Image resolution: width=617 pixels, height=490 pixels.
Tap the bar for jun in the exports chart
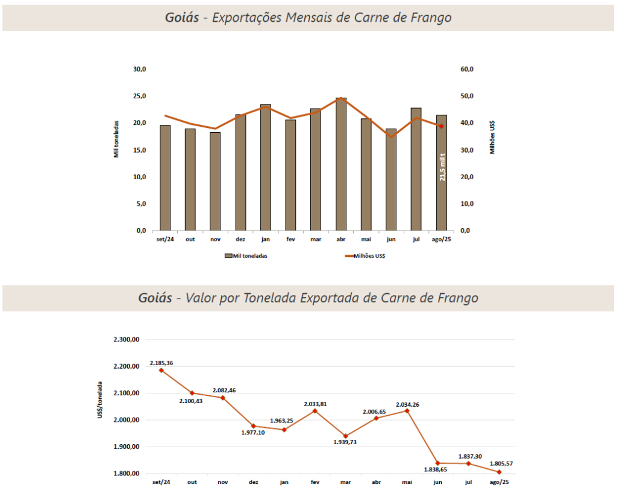[x=391, y=181]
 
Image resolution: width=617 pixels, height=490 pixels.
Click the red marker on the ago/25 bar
[x=441, y=126]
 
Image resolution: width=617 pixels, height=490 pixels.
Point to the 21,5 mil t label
[x=442, y=167]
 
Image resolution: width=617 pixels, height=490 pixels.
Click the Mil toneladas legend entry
[x=246, y=255]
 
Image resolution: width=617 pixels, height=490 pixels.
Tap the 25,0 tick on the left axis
[x=139, y=96]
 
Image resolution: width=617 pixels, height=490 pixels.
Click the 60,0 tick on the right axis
[x=468, y=69]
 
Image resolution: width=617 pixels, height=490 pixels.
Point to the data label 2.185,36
[x=161, y=363]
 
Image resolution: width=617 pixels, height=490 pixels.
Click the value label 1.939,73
[x=345, y=442]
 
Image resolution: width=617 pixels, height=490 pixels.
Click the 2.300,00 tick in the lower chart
[x=127, y=340]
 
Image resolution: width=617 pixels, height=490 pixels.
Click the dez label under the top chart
[x=240, y=239]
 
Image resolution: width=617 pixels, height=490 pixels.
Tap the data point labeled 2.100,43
[x=192, y=393]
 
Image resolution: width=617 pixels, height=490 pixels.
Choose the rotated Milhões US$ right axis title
[x=492, y=137]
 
